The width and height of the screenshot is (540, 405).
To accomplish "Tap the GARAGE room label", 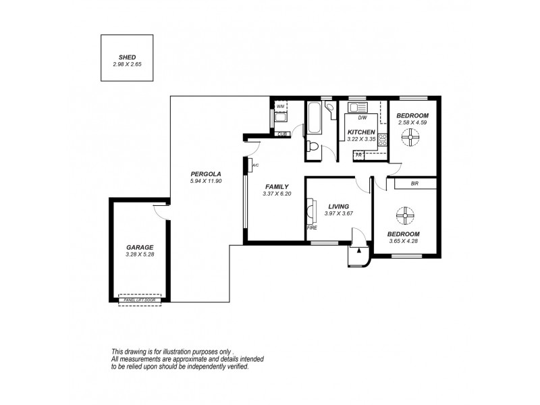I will [140, 248].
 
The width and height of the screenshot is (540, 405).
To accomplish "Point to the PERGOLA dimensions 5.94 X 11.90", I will [206, 182].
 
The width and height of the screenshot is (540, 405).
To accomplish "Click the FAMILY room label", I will [276, 187].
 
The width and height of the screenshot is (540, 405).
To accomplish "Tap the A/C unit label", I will [255, 165].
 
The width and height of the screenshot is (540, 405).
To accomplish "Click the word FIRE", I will [313, 228].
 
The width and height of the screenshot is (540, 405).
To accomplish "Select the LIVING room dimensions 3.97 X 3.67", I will [339, 214].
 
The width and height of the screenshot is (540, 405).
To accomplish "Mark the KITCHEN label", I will [361, 132].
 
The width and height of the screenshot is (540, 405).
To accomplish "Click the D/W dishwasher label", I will [362, 117].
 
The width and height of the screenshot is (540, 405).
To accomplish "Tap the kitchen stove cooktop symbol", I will [382, 140].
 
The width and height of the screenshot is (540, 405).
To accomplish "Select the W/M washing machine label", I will [280, 106].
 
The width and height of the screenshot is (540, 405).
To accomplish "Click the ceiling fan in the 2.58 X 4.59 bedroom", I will [410, 139].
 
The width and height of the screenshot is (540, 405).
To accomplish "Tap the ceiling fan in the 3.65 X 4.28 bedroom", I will [404, 216].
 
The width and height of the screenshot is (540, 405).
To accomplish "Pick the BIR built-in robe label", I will [415, 184].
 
